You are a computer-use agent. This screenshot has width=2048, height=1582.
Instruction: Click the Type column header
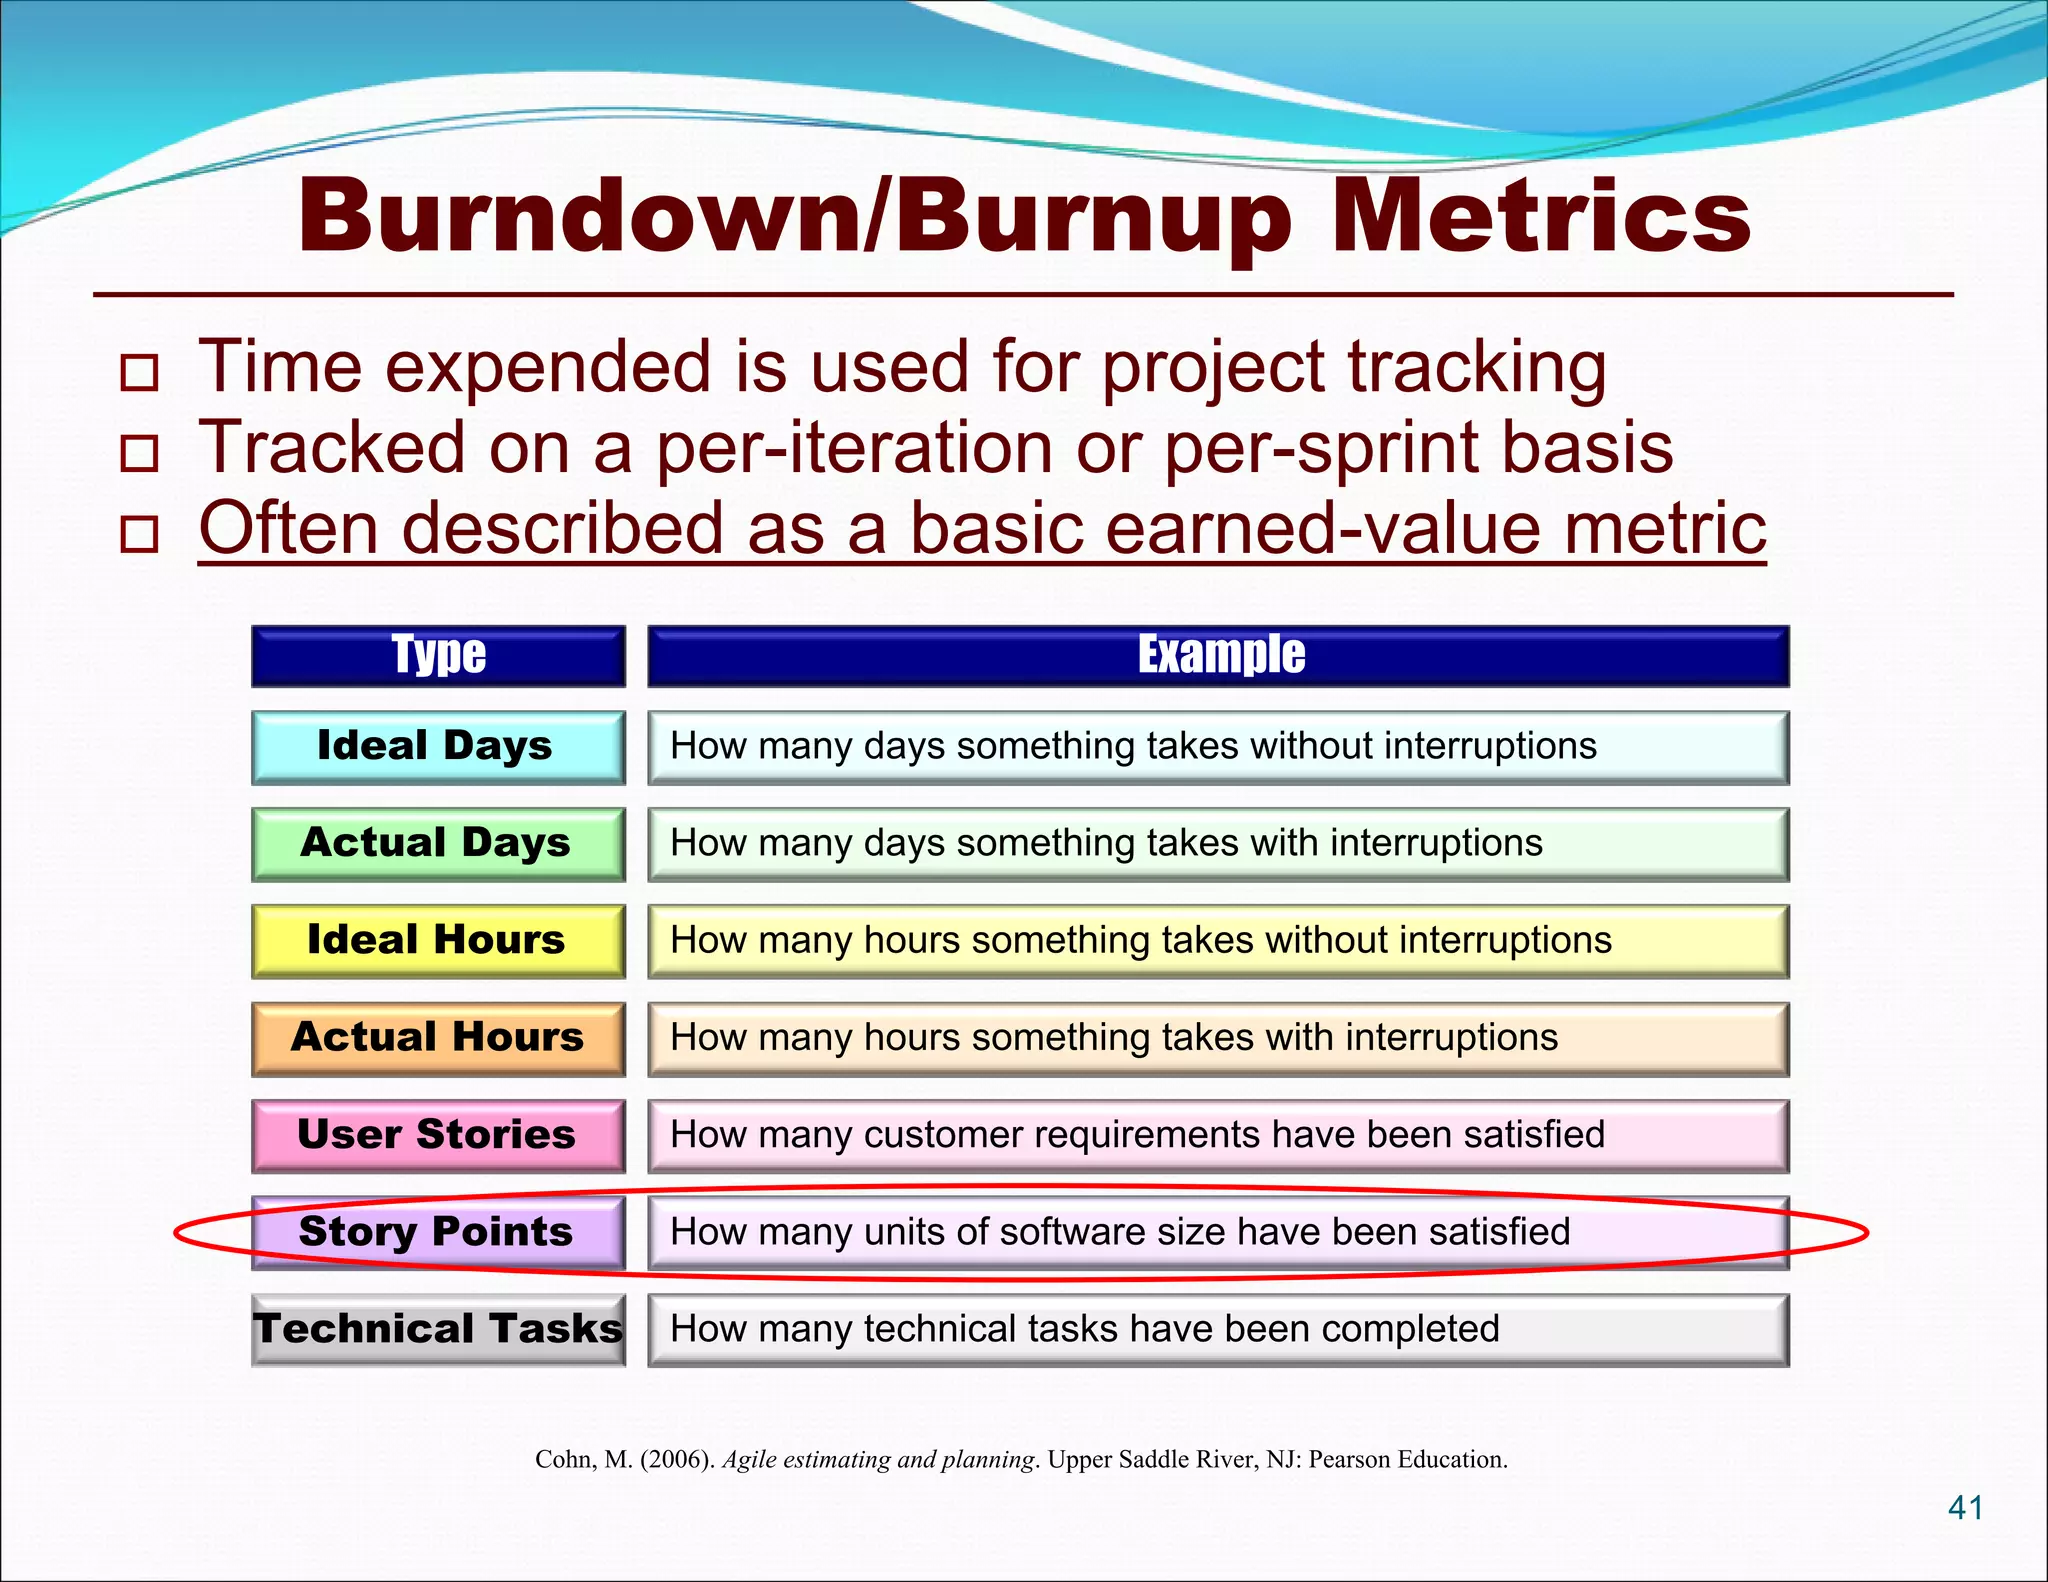click(x=438, y=656)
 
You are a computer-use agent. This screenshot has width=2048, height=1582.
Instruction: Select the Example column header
click(x=1219, y=656)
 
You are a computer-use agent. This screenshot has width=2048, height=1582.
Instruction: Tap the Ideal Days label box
click(x=438, y=746)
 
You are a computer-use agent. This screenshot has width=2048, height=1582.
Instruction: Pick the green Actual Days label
click(x=438, y=843)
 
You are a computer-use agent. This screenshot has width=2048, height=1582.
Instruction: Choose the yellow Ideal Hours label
click(x=438, y=940)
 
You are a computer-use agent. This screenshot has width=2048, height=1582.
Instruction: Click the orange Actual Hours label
click(x=438, y=1037)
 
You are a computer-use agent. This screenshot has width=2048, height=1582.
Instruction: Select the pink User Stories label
click(x=438, y=1135)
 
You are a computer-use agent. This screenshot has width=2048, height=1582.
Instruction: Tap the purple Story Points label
click(x=438, y=1232)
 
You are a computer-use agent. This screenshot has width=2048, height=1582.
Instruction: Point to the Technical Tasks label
click(x=438, y=1329)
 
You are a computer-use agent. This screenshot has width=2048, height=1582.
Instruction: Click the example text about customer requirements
click(x=1137, y=1135)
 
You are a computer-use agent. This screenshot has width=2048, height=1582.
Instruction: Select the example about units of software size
click(x=1120, y=1232)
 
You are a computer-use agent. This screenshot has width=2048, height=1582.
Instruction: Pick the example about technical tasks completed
click(x=1085, y=1329)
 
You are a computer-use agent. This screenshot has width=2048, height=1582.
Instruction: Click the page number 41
click(x=1966, y=1507)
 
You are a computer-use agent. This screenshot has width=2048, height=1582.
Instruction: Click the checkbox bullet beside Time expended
click(x=139, y=373)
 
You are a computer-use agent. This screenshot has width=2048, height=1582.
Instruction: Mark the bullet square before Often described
click(x=139, y=534)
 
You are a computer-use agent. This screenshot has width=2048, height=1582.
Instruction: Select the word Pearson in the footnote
click(x=1348, y=1460)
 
